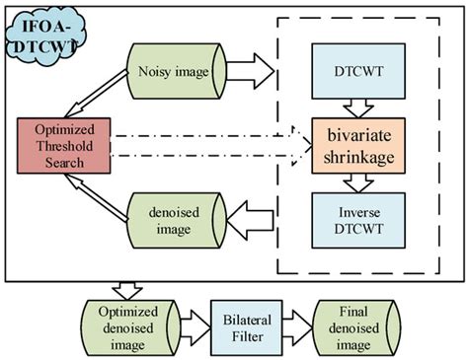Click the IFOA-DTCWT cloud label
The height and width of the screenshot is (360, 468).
click(38, 30)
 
